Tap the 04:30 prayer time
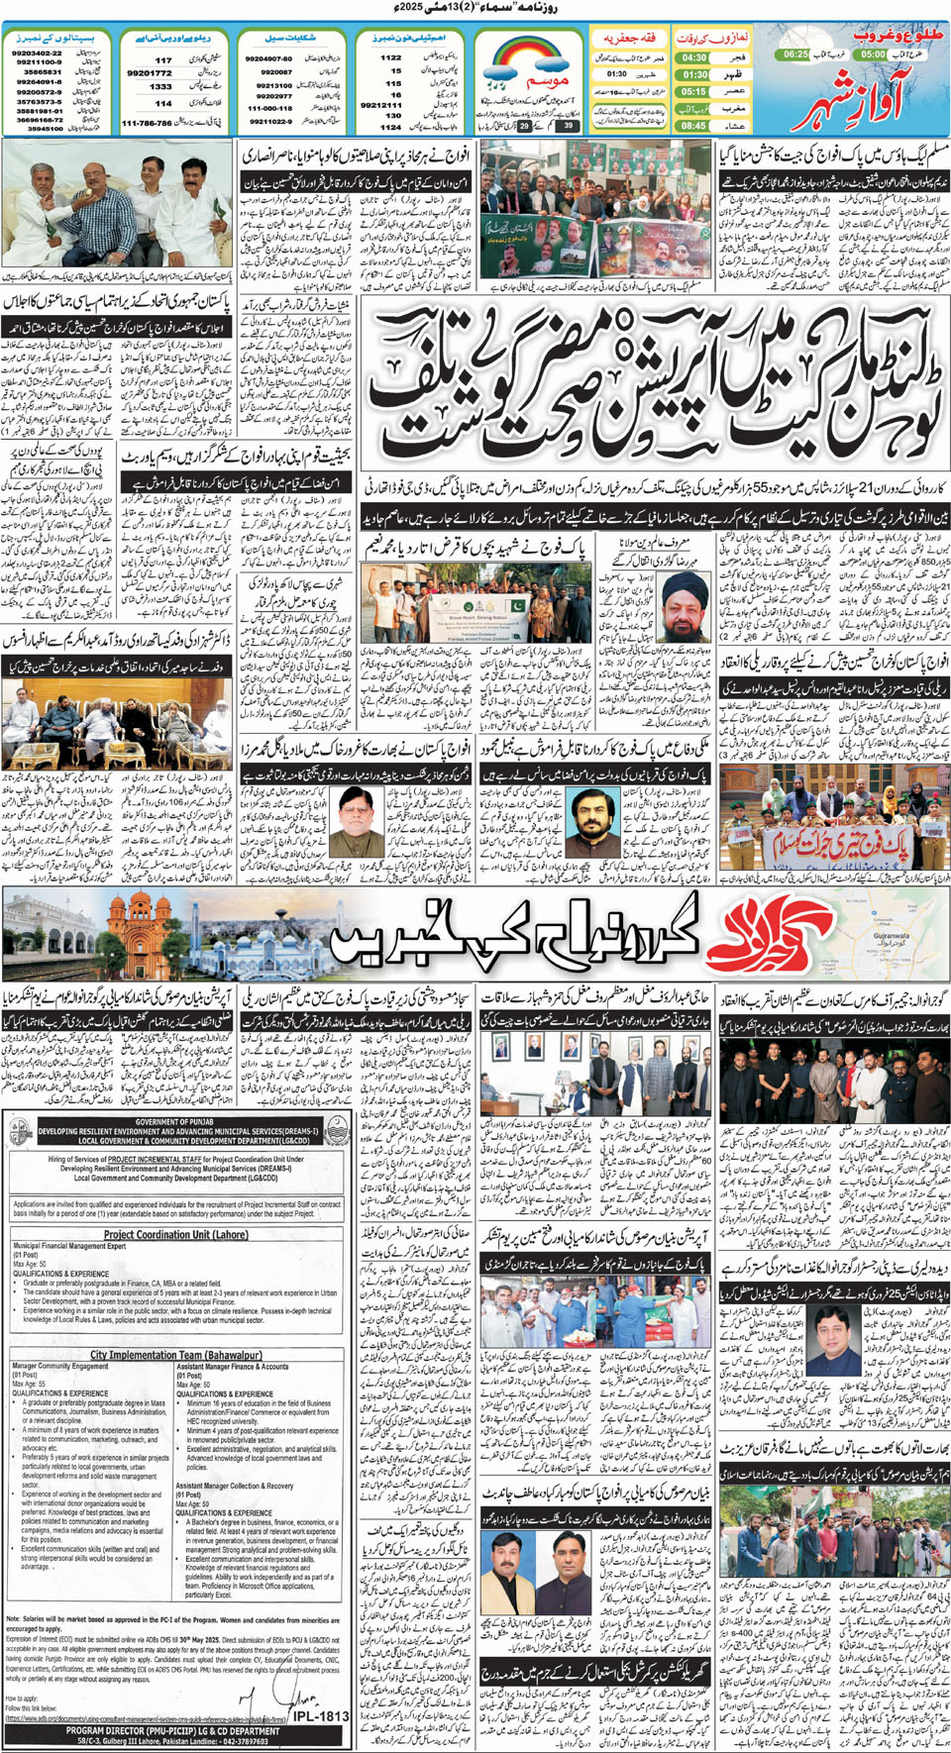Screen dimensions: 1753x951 pos(693,57)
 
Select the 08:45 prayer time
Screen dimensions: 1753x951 pos(693,126)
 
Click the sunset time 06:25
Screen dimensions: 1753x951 pos(795,54)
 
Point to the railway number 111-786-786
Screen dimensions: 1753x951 pos(146,124)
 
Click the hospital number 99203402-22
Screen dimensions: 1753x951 pos(37,53)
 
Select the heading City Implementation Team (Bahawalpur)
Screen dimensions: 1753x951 pos(175,1355)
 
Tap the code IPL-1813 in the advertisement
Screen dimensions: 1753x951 pos(321,1715)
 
